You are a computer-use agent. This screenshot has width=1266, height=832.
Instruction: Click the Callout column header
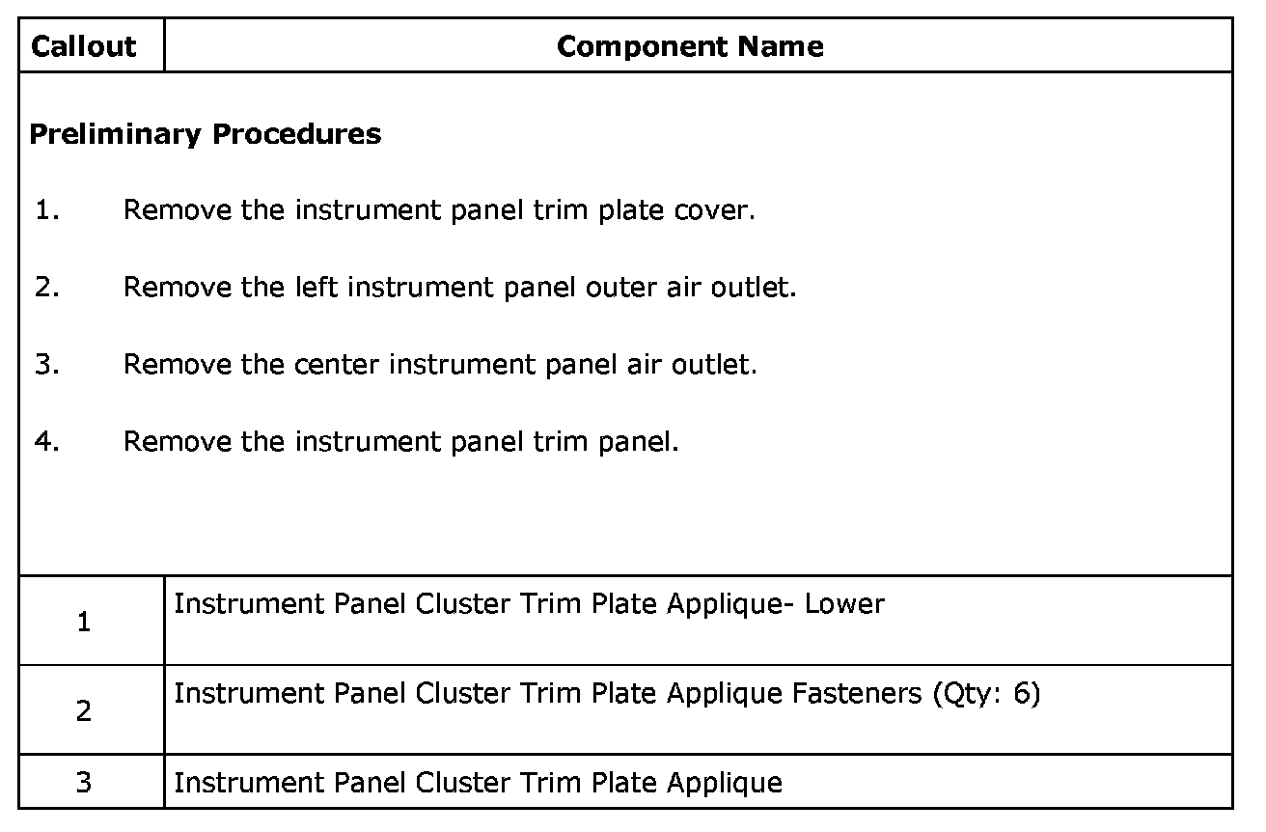coord(84,46)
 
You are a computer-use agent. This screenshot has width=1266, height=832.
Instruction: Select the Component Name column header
coord(690,46)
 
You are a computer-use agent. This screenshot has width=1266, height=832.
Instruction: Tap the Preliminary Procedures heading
coord(206,133)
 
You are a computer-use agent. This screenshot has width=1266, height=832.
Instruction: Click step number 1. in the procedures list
coord(47,209)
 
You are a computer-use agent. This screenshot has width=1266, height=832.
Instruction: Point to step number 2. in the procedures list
coord(47,287)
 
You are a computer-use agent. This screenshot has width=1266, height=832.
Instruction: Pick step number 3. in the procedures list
coord(47,364)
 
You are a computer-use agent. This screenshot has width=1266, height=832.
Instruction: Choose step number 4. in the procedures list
coord(47,441)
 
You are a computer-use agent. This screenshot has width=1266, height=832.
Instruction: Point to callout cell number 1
coord(84,623)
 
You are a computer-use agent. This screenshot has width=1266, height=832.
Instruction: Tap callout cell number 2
coord(84,712)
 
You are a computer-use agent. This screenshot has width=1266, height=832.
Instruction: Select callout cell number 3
coord(84,782)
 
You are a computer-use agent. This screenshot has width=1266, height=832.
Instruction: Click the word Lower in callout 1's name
coord(844,604)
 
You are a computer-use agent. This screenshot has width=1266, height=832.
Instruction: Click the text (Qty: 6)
coord(986,695)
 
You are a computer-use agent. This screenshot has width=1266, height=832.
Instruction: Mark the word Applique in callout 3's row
coord(724,782)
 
